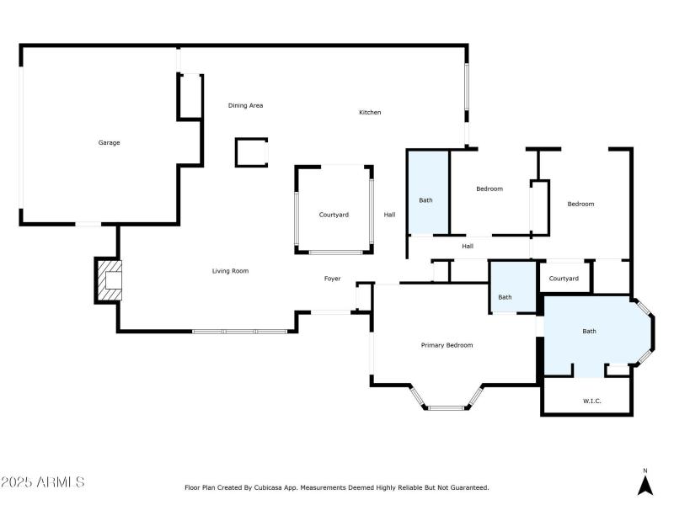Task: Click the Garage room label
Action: tap(109, 143)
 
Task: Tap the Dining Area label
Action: tap(245, 106)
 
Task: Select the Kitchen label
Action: tap(370, 113)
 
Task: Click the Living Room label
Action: tap(229, 271)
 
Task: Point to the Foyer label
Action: tap(333, 279)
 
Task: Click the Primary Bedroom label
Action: tap(447, 345)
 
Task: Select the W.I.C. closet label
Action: tap(592, 401)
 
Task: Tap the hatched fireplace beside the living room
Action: tap(110, 279)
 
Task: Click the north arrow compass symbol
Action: tap(645, 485)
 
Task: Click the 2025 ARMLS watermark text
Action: tap(43, 483)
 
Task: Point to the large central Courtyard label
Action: tap(334, 215)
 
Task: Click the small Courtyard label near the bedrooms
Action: tap(564, 279)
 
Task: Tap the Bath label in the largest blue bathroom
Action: tap(589, 332)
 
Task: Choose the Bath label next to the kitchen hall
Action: tap(426, 200)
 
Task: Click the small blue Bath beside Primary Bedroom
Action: tap(505, 297)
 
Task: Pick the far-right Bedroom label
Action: tap(580, 205)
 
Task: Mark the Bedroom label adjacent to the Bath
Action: tap(489, 189)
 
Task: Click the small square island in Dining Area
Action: tap(251, 152)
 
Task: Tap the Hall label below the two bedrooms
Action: tap(468, 247)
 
